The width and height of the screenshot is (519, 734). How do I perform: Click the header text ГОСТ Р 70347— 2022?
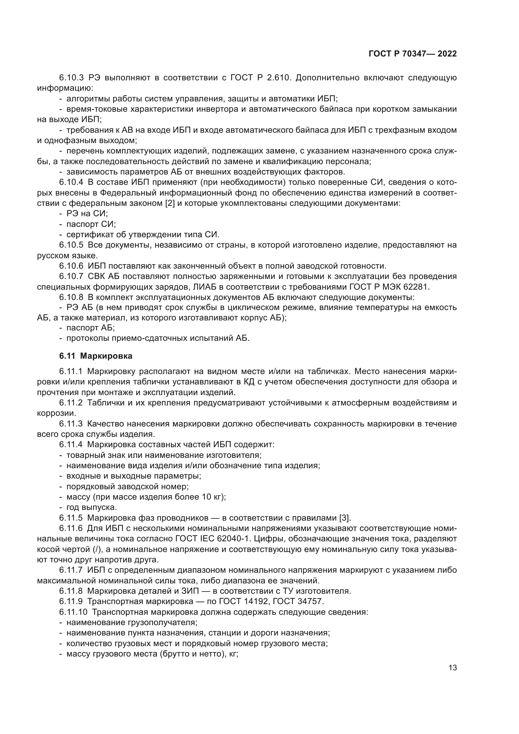click(413, 54)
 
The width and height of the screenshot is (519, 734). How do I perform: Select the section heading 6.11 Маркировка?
click(96, 356)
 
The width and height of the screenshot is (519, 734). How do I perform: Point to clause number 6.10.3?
click(71, 78)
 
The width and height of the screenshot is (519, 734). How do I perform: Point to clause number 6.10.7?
click(71, 276)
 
